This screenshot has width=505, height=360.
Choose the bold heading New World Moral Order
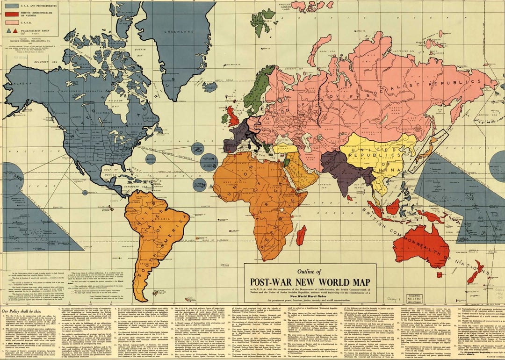coord(309,295)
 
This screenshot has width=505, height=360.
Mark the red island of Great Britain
coord(234,115)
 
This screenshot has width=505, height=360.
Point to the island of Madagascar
coord(301,235)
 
